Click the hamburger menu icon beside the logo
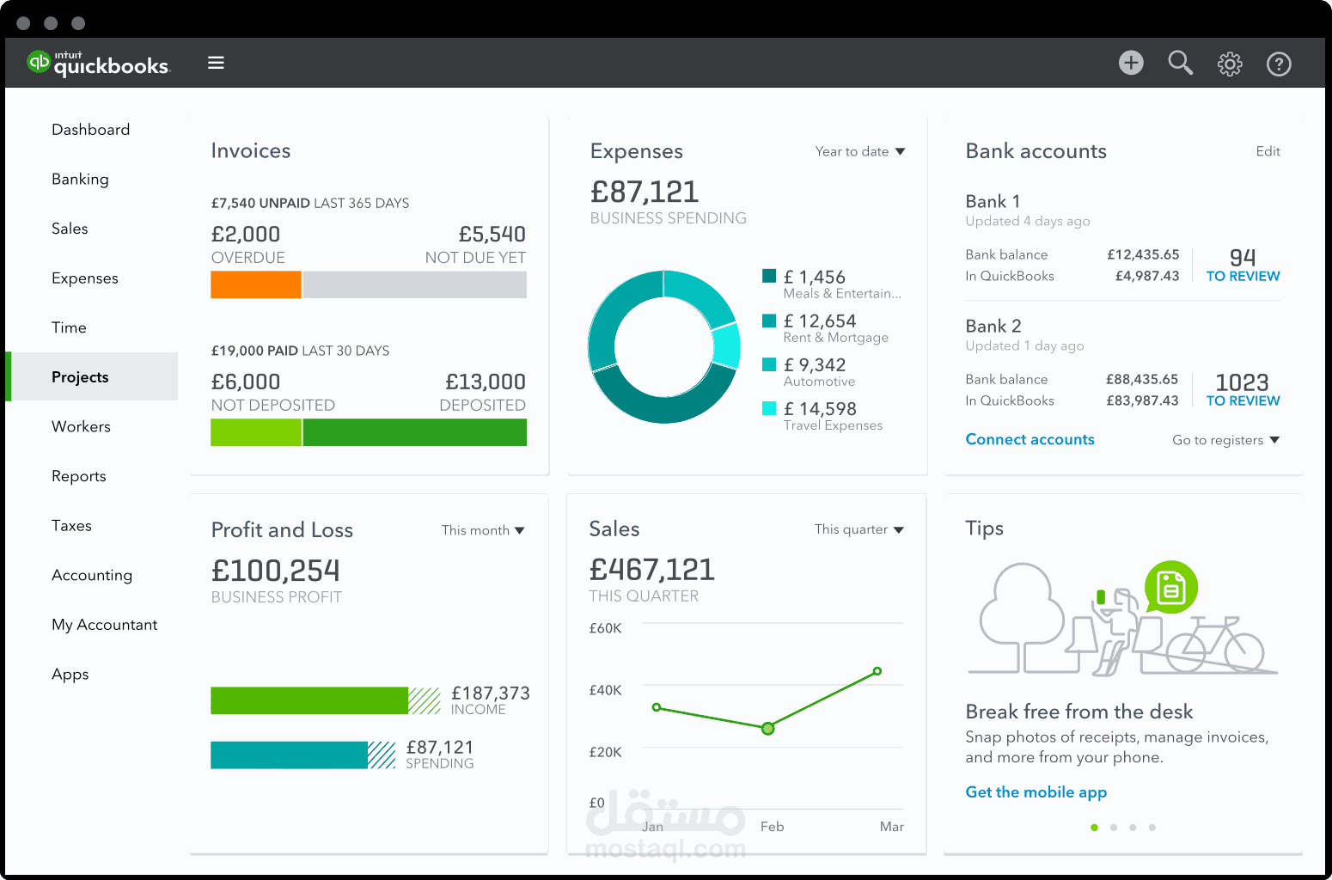[x=216, y=63]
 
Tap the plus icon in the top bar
[x=1131, y=63]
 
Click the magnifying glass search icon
[x=1180, y=63]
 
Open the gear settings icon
[x=1230, y=64]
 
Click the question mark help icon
[x=1279, y=64]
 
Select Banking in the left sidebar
[x=80, y=179]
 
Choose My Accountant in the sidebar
[x=104, y=625]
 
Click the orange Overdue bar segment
[x=256, y=284]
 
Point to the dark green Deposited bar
[x=414, y=432]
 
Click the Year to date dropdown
[x=859, y=151]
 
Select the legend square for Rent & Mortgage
[x=769, y=321]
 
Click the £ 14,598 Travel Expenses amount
[x=820, y=409]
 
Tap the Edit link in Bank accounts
[x=1268, y=151]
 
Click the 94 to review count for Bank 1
[x=1243, y=257]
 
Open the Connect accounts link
[x=1030, y=439]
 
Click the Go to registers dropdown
[x=1225, y=440]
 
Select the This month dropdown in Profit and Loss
[x=483, y=530]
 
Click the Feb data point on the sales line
[x=768, y=729]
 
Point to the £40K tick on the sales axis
[x=605, y=690]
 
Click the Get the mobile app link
[x=1036, y=792]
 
